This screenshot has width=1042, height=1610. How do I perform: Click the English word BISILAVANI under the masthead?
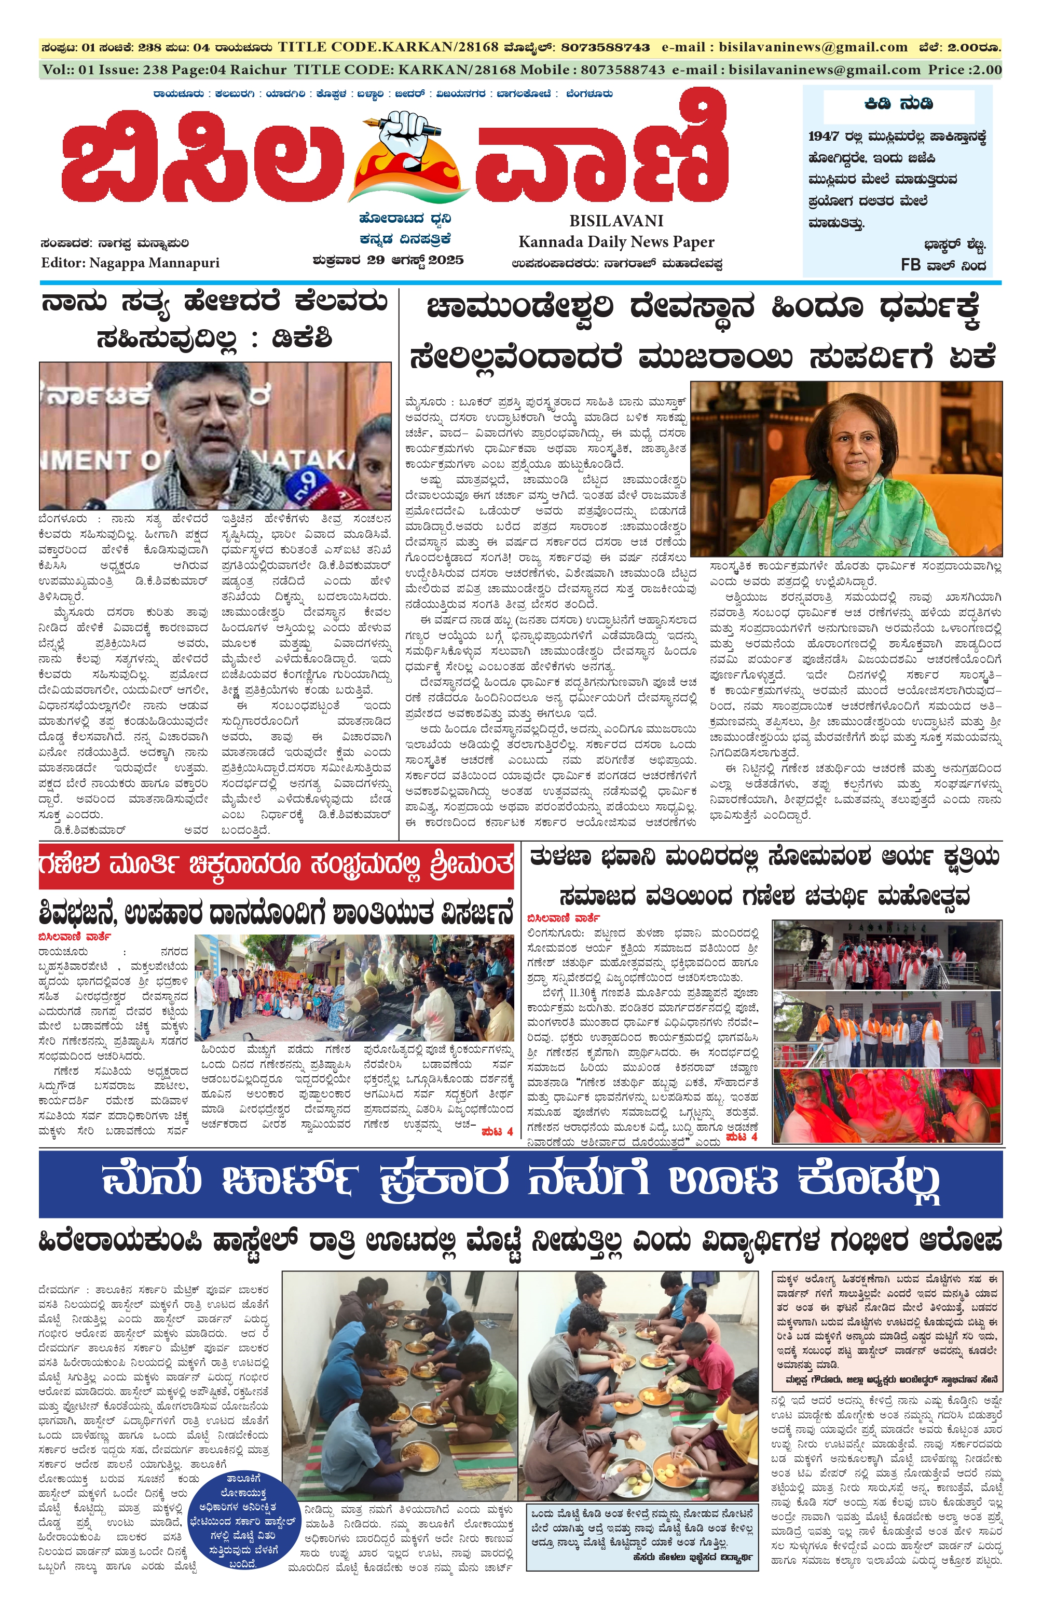pyautogui.click(x=615, y=221)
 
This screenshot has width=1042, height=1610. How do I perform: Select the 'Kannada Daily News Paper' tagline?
pyautogui.click(x=615, y=241)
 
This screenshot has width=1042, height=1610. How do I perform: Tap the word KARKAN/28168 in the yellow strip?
pyautogui.click(x=442, y=47)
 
